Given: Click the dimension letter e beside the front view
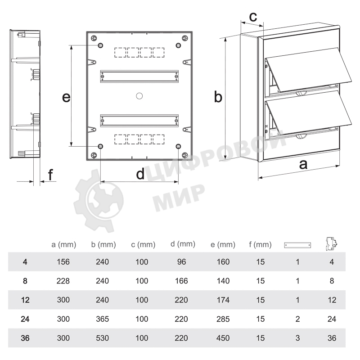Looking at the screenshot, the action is [66, 97].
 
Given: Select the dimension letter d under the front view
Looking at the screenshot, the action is [140, 174].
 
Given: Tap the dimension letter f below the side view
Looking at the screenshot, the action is [50, 175].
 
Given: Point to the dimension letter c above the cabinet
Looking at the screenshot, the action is [253, 17].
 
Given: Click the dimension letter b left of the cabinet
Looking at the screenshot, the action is [218, 96].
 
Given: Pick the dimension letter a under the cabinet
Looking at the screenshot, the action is [303, 165].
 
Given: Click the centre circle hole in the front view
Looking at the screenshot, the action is [139, 96].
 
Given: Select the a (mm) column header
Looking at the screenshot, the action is [63, 245].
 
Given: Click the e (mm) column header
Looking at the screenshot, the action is [223, 245].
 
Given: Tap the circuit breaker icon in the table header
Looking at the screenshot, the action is [331, 244].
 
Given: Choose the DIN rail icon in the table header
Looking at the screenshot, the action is [297, 245].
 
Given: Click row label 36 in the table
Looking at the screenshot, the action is [25, 338].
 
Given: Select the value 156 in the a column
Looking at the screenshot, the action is [63, 262].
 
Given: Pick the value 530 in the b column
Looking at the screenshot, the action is [103, 338].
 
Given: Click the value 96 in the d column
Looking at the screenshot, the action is [181, 262].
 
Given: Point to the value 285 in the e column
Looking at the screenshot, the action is [223, 319].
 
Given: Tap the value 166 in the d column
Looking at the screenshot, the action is [181, 281].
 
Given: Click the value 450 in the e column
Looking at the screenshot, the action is [223, 338].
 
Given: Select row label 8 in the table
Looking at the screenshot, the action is [25, 281].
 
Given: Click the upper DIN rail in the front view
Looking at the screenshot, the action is [139, 76].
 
